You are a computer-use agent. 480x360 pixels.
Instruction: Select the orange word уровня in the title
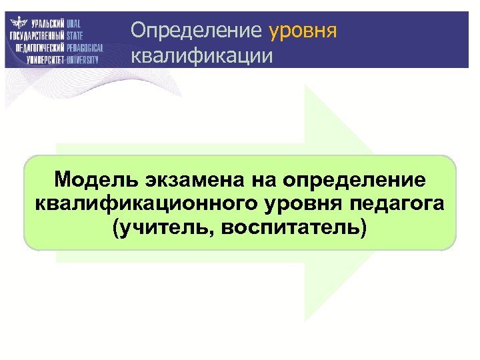[x=303, y=31]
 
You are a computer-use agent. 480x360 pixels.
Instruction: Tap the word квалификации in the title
[x=201, y=55]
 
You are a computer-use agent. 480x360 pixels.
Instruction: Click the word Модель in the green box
[x=93, y=179]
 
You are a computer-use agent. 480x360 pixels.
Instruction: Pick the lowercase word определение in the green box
[x=353, y=179]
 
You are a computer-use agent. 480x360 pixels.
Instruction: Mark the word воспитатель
[x=293, y=228]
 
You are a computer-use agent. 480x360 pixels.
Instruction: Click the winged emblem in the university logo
[x=18, y=23]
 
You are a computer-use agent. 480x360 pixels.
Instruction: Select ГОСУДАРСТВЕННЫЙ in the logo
[x=37, y=35]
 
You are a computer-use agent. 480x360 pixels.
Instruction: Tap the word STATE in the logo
[x=75, y=35]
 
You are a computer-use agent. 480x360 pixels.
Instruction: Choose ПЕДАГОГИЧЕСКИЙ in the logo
[x=39, y=47]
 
